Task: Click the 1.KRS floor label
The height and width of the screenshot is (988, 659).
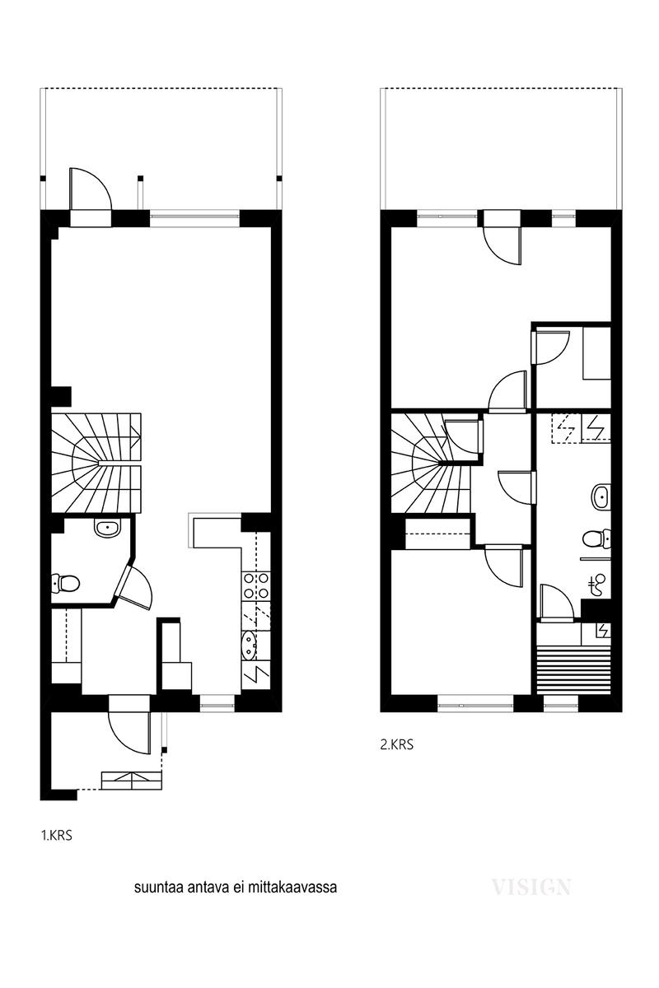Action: click(57, 836)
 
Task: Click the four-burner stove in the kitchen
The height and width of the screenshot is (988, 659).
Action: click(255, 585)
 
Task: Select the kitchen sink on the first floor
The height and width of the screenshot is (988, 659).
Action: click(249, 645)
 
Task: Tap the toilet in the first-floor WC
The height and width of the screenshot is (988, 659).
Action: click(65, 584)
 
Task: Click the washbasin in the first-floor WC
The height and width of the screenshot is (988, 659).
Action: click(108, 529)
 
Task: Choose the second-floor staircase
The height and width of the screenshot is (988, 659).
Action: click(432, 463)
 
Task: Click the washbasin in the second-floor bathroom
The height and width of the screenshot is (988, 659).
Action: click(601, 497)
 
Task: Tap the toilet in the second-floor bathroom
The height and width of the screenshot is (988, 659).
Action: click(596, 538)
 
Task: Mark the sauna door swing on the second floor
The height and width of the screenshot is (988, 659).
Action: click(556, 601)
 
